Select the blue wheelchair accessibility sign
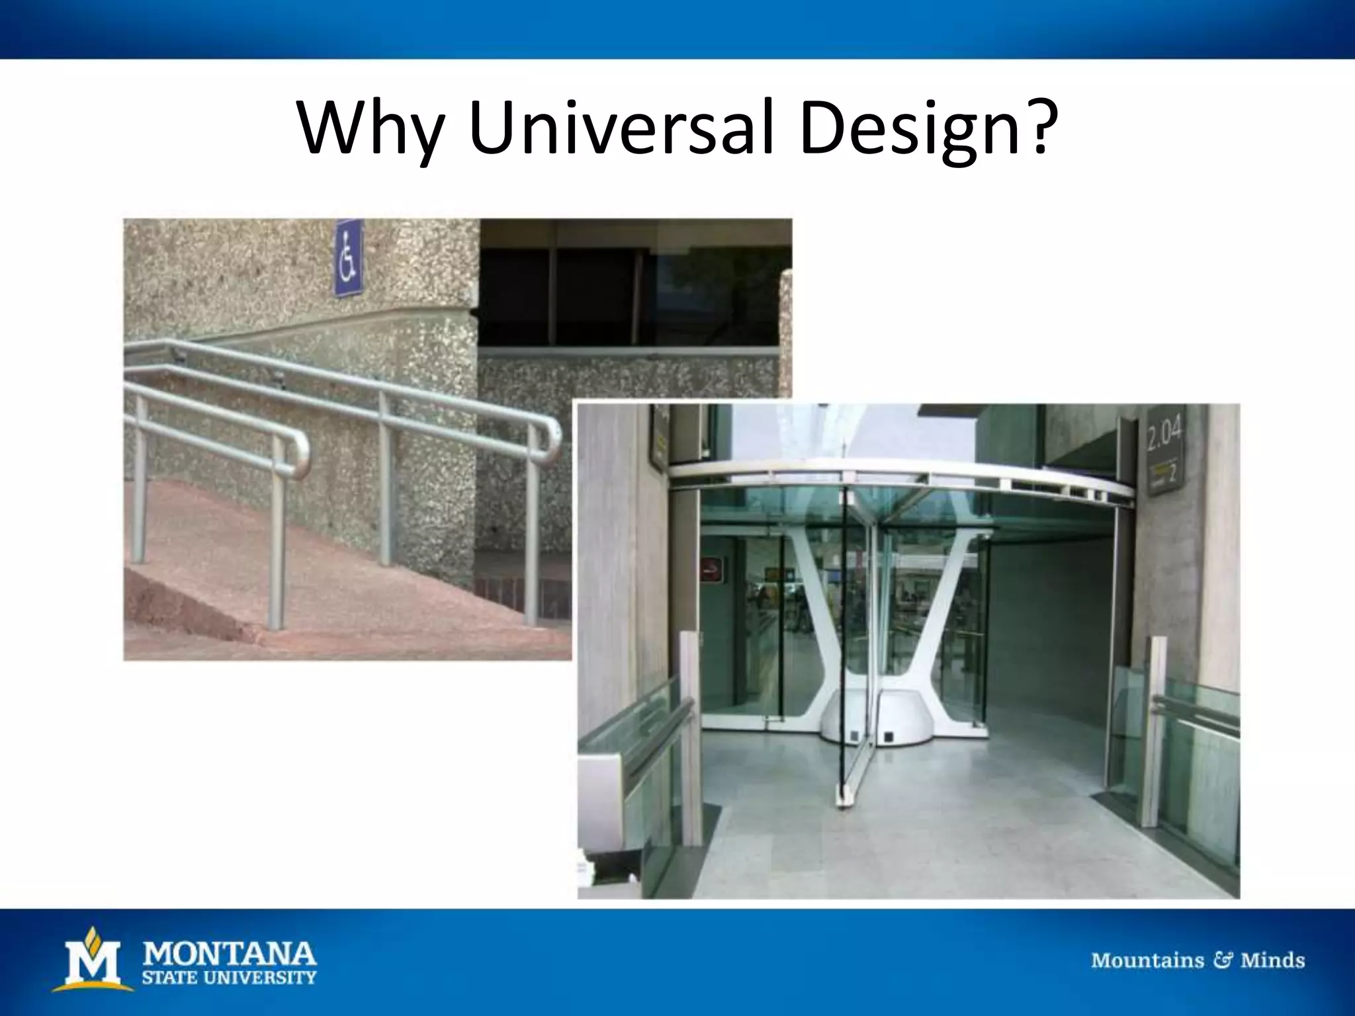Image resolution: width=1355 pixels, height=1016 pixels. [x=349, y=259]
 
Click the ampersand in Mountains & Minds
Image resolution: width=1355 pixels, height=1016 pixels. [x=1222, y=960]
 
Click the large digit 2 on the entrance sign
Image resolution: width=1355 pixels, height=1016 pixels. [x=1172, y=473]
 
